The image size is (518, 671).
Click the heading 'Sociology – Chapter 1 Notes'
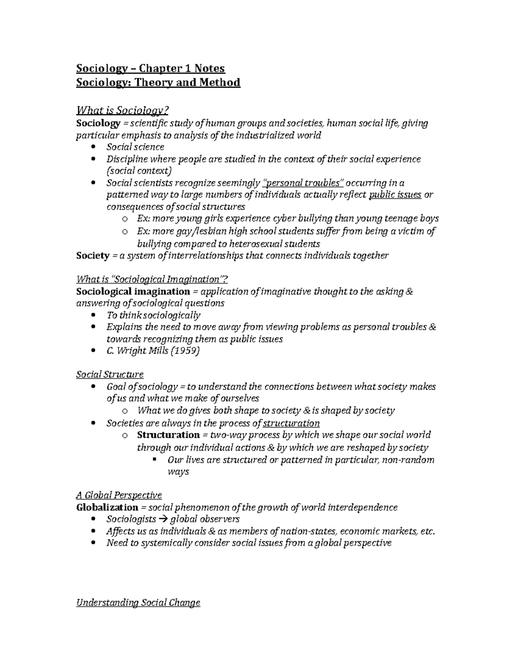[x=150, y=68]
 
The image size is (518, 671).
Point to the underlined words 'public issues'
[x=395, y=194]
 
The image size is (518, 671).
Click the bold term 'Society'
[x=92, y=255]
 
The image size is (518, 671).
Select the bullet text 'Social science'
[x=135, y=147]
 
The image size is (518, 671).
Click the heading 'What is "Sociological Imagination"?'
[x=152, y=279]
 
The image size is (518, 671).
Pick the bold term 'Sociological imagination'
[x=133, y=291]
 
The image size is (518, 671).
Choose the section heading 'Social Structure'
[x=110, y=374]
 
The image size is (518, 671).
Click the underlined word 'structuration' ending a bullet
[x=291, y=423]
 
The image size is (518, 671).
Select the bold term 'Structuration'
[x=168, y=435]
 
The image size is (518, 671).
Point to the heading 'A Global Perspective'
[x=119, y=495]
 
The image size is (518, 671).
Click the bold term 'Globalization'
[x=107, y=507]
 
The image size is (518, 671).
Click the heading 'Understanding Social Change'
[x=138, y=603]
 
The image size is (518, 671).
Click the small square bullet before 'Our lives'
[x=154, y=459]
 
